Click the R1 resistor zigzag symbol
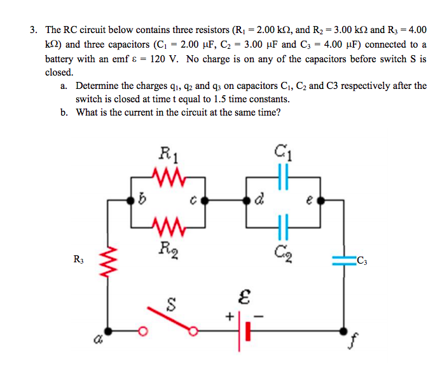[168, 174]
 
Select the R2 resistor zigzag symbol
[168, 224]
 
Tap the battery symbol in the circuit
[242, 330]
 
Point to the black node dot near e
[319, 199]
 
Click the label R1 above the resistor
[167, 152]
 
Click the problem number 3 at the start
[32, 30]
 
